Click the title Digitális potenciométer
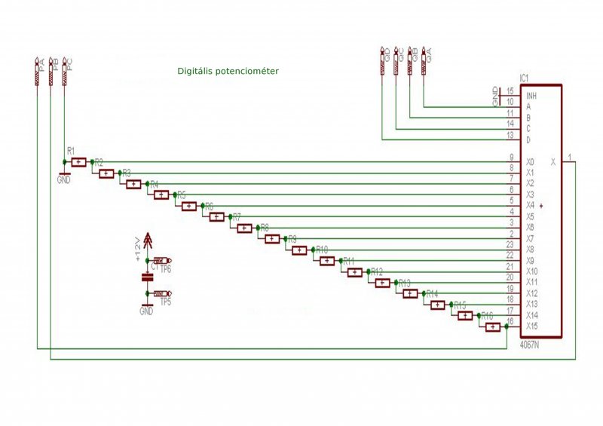tap(228, 71)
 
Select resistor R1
tap(78, 161)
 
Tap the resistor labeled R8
tap(271, 239)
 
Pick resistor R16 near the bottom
tap(492, 326)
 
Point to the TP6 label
tap(166, 269)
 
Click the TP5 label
tap(166, 302)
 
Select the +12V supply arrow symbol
tap(147, 241)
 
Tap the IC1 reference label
tap(525, 78)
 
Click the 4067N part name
tap(531, 345)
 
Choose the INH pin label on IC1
tap(531, 96)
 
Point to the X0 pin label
tap(530, 162)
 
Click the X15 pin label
tap(531, 326)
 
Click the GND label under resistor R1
tap(63, 180)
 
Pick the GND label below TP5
tap(146, 311)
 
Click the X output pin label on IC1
tap(553, 161)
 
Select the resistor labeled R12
tap(382, 283)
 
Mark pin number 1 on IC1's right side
tap(571, 157)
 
